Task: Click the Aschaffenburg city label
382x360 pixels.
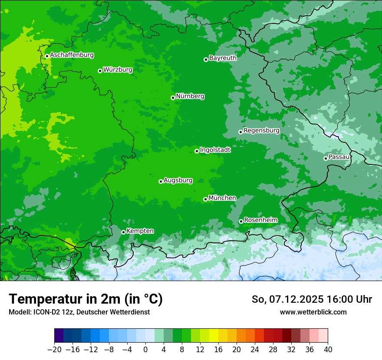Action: (x=72, y=55)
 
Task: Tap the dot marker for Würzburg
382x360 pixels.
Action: (x=100, y=71)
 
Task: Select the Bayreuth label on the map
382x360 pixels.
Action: (x=223, y=58)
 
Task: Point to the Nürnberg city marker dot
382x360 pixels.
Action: (x=173, y=98)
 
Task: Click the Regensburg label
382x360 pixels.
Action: (x=261, y=130)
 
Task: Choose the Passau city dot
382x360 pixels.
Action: (x=326, y=158)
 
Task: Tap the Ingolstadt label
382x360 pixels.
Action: (x=215, y=150)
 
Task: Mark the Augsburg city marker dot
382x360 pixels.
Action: (x=161, y=181)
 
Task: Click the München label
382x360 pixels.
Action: (x=222, y=198)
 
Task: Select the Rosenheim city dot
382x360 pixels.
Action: (x=241, y=222)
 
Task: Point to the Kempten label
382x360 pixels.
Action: (x=140, y=231)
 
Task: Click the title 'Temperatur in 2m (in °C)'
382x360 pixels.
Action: (x=86, y=299)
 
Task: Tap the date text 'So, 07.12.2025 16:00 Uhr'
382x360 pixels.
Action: (x=312, y=299)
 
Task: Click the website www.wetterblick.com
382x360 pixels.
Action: (x=313, y=312)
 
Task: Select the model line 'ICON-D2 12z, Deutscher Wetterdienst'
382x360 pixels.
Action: (x=79, y=312)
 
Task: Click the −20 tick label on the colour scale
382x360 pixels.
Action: (x=54, y=350)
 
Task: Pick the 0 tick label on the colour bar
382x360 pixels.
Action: (x=145, y=350)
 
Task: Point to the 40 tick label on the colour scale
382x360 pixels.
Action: (x=328, y=350)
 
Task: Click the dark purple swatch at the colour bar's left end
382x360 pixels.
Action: (x=59, y=336)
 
